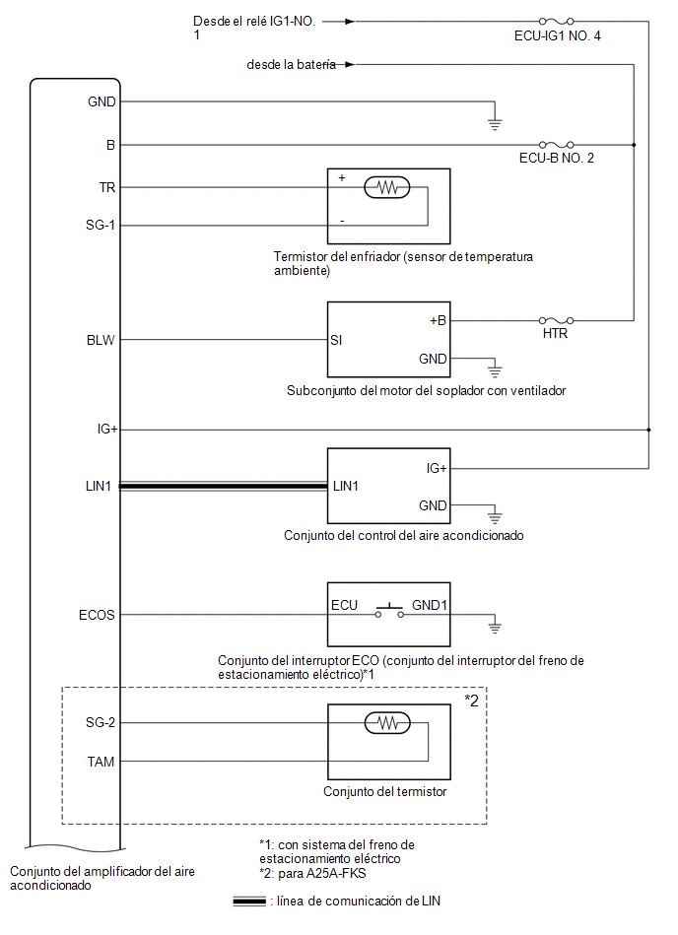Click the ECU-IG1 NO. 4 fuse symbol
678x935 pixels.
557,22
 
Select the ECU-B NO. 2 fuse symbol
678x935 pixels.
557,144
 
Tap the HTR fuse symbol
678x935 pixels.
557,321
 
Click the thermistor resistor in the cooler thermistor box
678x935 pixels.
387,188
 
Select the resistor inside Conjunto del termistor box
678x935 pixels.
387,723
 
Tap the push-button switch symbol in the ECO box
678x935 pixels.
389,611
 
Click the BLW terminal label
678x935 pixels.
101,340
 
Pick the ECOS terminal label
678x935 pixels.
97,615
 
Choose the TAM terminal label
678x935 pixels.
101,762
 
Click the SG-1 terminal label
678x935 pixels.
101,225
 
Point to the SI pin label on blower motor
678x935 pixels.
336,340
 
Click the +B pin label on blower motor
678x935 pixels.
438,320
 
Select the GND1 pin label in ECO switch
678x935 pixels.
430,605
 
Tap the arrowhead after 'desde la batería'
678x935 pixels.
350,64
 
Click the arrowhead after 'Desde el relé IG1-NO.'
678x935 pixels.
350,22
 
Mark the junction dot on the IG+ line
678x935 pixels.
648,430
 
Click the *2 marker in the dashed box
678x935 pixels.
472,701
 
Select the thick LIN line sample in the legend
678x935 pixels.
249,902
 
